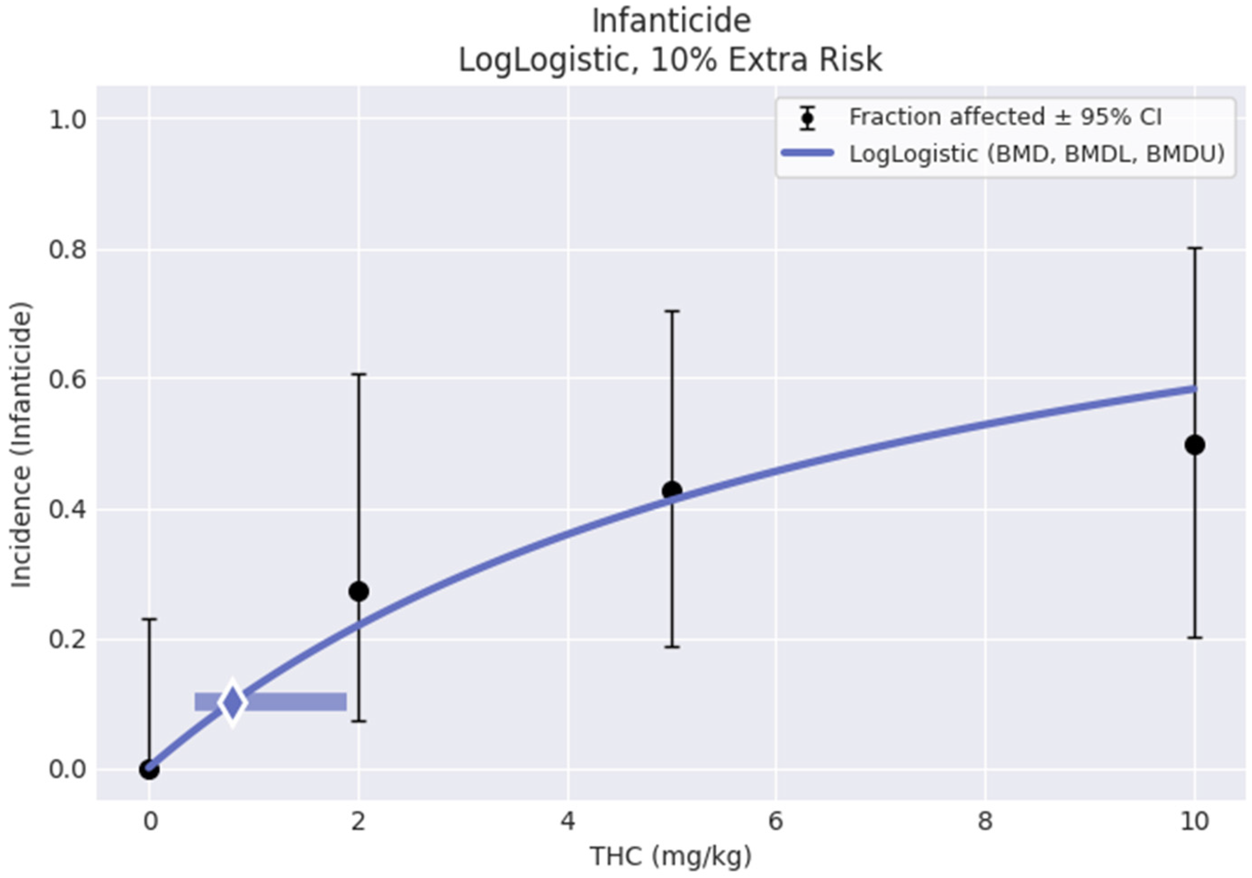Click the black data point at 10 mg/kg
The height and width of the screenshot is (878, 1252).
pos(1194,445)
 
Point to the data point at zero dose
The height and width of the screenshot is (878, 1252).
pos(149,770)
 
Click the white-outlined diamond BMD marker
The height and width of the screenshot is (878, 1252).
pos(232,703)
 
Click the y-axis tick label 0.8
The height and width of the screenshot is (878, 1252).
pos(68,250)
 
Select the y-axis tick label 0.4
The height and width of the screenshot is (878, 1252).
pos(68,510)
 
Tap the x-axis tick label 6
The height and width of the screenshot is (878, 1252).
pos(775,821)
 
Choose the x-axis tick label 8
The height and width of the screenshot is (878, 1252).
pos(985,821)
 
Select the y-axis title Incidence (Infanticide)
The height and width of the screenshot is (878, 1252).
pos(22,445)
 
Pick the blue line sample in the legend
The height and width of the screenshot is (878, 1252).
pos(807,153)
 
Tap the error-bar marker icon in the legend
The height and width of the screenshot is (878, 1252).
pos(807,118)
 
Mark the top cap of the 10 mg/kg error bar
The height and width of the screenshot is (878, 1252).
pos(1194,248)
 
